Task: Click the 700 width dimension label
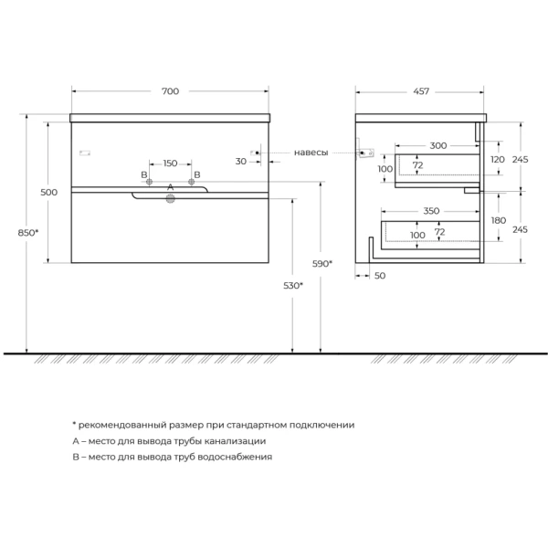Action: click(x=170, y=91)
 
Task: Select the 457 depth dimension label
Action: click(x=421, y=91)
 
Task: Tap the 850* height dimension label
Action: click(x=28, y=232)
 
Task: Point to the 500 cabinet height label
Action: click(x=49, y=192)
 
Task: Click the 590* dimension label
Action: click(x=322, y=264)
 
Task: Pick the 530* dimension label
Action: click(x=293, y=286)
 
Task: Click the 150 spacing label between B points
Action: click(x=170, y=163)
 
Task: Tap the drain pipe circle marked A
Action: click(x=170, y=199)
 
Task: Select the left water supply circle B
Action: click(x=149, y=182)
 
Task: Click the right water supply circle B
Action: click(x=191, y=182)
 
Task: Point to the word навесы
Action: click(x=311, y=153)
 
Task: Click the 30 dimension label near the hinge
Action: click(x=241, y=162)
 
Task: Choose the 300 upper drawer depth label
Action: click(x=437, y=145)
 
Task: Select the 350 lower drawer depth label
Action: click(x=431, y=211)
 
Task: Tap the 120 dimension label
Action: click(x=498, y=159)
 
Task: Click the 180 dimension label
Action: click(x=499, y=220)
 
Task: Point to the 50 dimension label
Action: click(x=380, y=276)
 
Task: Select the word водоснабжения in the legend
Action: click(x=235, y=458)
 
